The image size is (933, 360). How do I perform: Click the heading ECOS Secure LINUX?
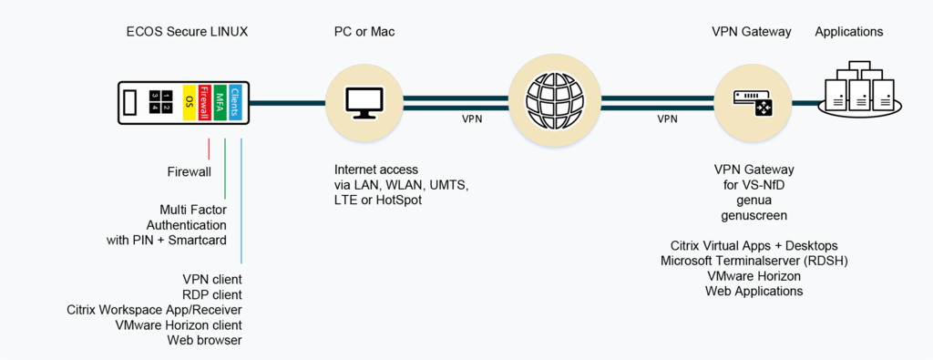coord(187,32)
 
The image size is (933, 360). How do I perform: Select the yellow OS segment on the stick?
coord(190,102)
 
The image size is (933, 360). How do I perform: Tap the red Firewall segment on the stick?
coord(205,102)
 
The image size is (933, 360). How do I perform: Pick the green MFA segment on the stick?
coord(220,102)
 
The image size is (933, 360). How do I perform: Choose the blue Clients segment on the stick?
coord(235,102)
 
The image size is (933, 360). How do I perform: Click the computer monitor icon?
coord(364,102)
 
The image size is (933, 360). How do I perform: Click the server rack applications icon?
coord(862,89)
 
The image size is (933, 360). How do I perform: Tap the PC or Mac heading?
coord(364,32)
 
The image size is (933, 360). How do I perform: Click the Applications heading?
coord(848,32)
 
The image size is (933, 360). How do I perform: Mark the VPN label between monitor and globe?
coord(472,119)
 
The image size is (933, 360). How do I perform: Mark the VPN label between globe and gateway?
coord(668,119)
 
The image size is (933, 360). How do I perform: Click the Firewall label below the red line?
coord(189,171)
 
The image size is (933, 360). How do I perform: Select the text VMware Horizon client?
coord(179,325)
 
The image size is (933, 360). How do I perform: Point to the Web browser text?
coord(204,341)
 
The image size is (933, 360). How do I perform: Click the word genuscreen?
coord(754,216)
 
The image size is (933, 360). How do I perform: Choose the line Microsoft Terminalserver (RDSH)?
coord(754,261)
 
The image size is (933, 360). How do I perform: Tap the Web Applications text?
coord(754,292)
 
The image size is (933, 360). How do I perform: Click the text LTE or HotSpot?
coord(378,201)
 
